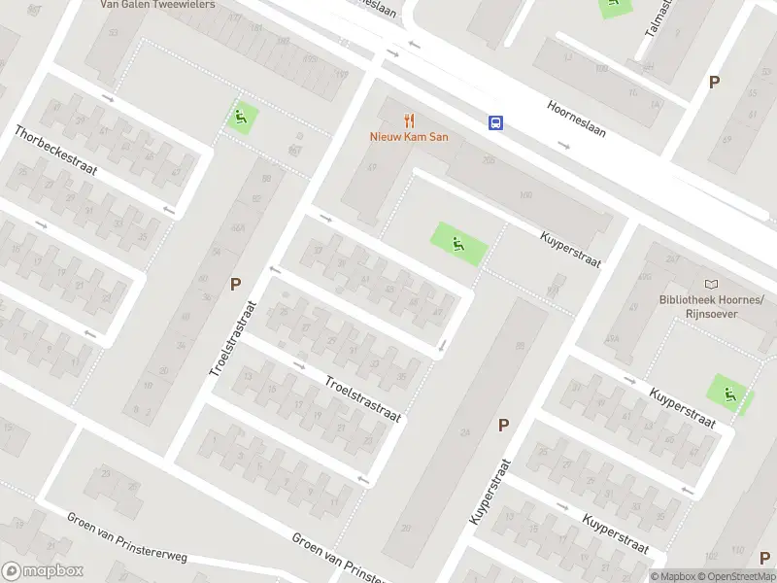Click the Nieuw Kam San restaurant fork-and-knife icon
[x=409, y=120]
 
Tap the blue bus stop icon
[x=495, y=122]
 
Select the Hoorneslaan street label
[x=576, y=119]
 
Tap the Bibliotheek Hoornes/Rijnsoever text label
[x=697, y=306]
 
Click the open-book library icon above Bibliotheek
[x=712, y=284]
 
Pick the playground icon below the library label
[x=729, y=393]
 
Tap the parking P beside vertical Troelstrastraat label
[x=234, y=285]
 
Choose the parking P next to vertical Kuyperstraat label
[x=503, y=425]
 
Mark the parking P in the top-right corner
[x=714, y=83]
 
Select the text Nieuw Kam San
[x=408, y=137]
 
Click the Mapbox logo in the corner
[x=42, y=571]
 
